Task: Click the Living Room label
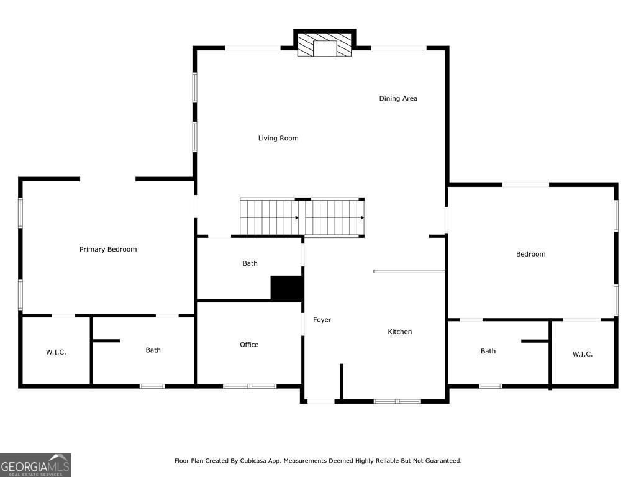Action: point(278,138)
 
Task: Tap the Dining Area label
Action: point(398,98)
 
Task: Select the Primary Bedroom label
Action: point(108,249)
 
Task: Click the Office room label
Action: point(249,345)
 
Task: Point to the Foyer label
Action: point(322,320)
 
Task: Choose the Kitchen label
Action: point(400,332)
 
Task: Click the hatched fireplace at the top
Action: point(324,45)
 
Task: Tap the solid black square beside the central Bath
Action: point(286,288)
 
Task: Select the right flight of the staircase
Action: point(334,217)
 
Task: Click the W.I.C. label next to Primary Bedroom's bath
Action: point(56,352)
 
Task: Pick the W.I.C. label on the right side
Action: point(582,354)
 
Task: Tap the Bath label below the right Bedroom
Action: point(488,351)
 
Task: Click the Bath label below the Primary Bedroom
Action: point(153,350)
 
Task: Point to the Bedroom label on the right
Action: point(530,254)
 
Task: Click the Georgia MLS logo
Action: point(35,465)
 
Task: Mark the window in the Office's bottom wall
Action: point(250,386)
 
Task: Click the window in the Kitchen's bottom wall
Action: point(397,401)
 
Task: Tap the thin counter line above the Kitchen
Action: point(409,271)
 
